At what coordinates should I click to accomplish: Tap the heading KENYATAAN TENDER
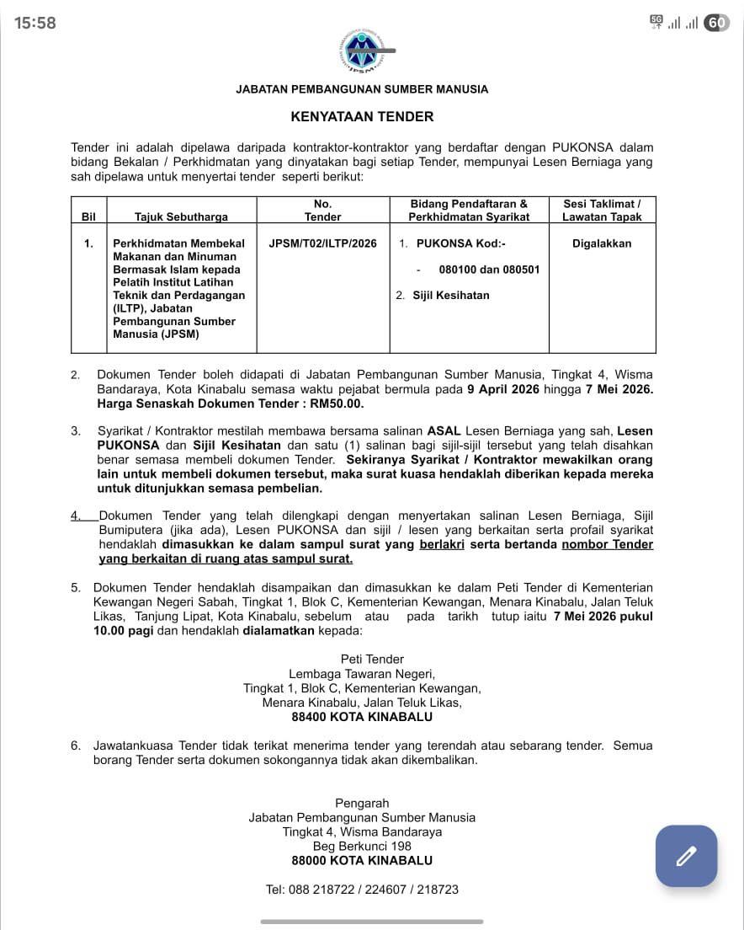[x=362, y=117]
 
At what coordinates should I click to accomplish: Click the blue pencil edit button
[x=686, y=856]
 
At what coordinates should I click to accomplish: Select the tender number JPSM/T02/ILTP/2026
[x=322, y=243]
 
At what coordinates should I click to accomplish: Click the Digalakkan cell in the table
[x=602, y=243]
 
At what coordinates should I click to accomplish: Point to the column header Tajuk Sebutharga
[x=181, y=216]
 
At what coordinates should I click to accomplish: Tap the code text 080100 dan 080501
[x=489, y=270]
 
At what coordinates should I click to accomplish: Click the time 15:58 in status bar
[x=35, y=23]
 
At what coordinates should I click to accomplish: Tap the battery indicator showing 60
[x=716, y=23]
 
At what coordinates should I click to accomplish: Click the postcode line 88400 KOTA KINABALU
[x=362, y=717]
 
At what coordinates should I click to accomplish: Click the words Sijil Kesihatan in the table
[x=450, y=295]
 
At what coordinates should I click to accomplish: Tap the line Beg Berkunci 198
[x=362, y=846]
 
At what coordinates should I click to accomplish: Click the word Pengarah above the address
[x=362, y=803]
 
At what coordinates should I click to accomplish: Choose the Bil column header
[x=88, y=216]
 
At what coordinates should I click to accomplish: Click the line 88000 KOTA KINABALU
[x=362, y=860]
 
